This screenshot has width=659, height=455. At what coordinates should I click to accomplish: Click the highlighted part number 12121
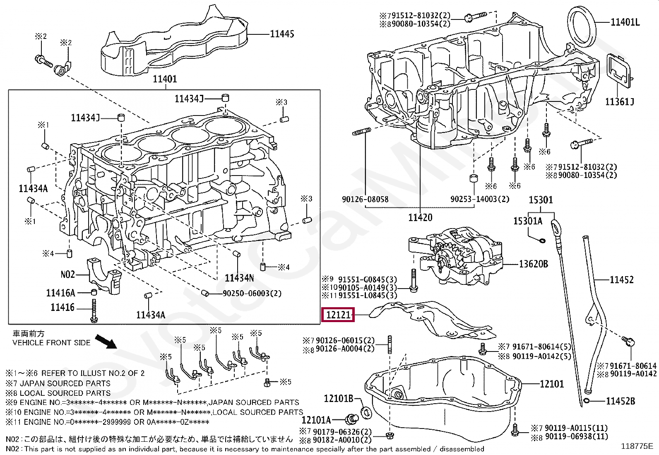point(338,315)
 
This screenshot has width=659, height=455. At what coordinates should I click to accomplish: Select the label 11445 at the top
point(282,34)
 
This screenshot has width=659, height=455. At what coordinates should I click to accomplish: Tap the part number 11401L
point(625,22)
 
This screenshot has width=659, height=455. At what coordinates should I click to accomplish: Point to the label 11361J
point(620,101)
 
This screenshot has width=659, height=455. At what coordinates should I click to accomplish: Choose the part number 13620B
point(534,264)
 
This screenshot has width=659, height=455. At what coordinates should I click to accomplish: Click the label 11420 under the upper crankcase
point(420,217)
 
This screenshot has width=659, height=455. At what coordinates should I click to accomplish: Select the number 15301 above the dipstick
point(541,200)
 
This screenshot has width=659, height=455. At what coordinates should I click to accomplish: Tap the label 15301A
point(528,221)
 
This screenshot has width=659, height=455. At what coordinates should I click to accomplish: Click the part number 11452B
point(621,401)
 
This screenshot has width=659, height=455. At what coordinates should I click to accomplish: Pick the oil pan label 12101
point(552,384)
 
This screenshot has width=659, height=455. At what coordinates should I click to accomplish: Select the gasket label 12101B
point(339,398)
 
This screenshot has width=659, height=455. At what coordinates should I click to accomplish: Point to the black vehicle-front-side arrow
point(106,342)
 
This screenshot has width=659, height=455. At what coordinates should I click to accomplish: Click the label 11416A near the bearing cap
point(60,293)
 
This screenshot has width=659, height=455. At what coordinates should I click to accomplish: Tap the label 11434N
point(239,278)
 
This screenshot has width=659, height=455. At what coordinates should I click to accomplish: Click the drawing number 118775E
point(637,446)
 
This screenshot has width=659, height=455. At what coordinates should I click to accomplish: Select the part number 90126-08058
point(365,199)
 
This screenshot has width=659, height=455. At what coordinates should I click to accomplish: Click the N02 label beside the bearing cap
point(67,274)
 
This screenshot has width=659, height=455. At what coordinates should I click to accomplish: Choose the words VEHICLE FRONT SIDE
point(51,343)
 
